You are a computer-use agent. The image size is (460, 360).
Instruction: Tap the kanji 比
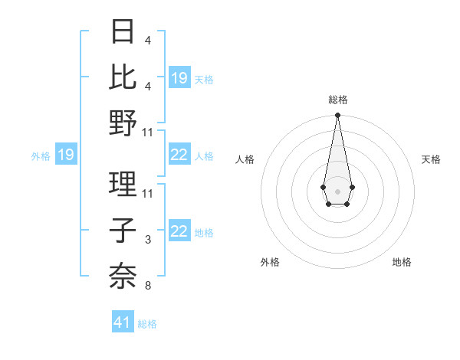click(123, 77)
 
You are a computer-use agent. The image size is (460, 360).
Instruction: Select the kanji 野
click(123, 122)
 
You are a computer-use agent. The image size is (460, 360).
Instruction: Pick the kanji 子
click(123, 231)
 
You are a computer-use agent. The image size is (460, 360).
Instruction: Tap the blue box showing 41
click(123, 322)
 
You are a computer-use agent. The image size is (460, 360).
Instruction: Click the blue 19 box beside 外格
click(65, 155)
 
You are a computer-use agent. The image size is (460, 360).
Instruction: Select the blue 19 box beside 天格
click(179, 77)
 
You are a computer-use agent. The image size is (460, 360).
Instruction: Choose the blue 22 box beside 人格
click(179, 155)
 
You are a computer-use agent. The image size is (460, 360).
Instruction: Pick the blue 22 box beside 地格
click(179, 232)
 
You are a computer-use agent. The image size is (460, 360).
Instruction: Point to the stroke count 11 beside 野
click(148, 132)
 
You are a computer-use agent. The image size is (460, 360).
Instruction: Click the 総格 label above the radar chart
click(337, 100)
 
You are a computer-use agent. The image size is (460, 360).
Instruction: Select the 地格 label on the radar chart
click(402, 262)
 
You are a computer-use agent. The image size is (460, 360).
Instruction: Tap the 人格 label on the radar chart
click(245, 159)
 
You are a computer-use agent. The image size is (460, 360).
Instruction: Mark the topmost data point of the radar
click(337, 116)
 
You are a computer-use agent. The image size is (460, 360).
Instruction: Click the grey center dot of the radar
click(337, 190)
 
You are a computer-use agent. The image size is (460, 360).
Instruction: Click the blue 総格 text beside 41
click(147, 324)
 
